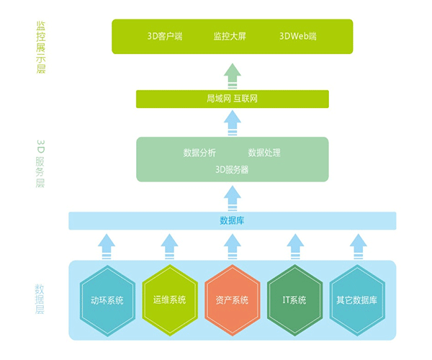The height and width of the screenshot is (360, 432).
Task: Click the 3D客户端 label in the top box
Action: [x=164, y=36]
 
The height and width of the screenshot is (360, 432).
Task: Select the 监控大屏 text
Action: [x=231, y=36]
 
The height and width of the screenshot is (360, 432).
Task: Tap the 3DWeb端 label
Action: [x=297, y=36]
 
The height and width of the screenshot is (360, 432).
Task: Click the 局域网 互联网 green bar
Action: [x=232, y=99]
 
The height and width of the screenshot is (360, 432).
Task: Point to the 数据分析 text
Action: [x=199, y=153]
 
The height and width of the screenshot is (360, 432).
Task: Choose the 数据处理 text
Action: [x=264, y=153]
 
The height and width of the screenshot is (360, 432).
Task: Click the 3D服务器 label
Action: [x=232, y=170]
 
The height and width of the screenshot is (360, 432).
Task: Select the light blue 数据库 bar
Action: [x=232, y=220]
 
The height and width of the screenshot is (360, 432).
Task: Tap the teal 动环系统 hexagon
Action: [x=107, y=300]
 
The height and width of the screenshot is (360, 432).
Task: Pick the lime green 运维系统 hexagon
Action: [x=169, y=300]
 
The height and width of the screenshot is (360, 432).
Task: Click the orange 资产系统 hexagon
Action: [x=232, y=300]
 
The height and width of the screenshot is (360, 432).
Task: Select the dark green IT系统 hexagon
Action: [x=294, y=300]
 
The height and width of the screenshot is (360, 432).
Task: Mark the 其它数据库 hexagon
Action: [x=356, y=300]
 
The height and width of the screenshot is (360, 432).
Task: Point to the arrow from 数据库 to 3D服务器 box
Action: [x=232, y=197]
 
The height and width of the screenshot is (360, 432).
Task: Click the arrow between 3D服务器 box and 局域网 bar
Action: [x=232, y=122]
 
